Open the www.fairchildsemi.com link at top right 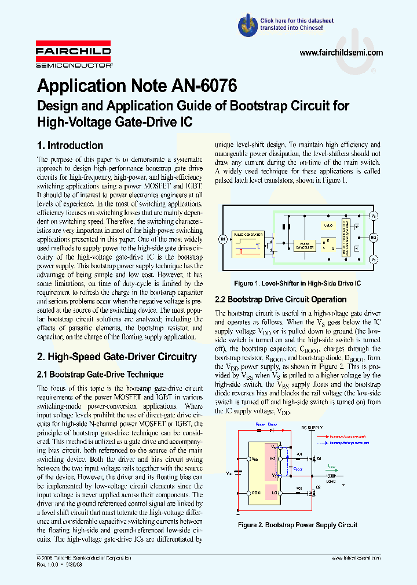342,53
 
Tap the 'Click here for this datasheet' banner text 297,20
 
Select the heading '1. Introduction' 70,146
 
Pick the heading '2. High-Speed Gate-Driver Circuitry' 117,357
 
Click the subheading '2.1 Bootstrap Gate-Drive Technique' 100,375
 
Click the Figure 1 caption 297,284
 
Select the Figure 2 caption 298,525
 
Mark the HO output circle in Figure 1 374,237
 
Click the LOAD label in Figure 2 332,481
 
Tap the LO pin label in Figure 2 273,494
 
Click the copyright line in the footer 84,558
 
